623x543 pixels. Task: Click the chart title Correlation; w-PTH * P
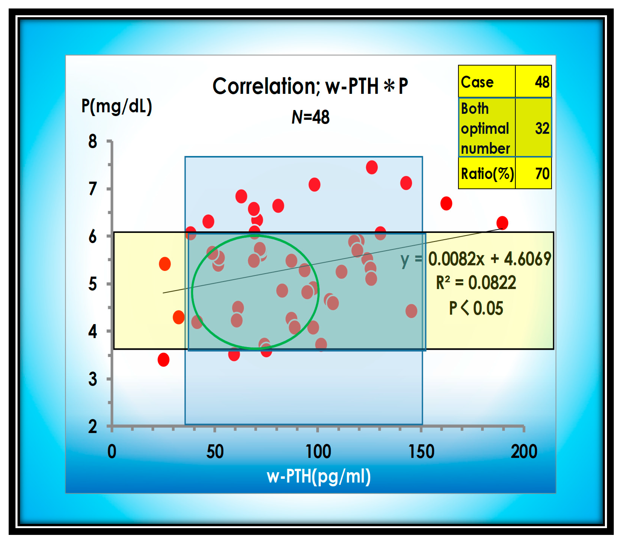point(310,86)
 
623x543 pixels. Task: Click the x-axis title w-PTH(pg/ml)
point(318,476)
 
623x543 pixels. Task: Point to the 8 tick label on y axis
point(93,141)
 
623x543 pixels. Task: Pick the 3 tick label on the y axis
point(93,379)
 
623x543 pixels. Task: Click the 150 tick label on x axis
point(421,451)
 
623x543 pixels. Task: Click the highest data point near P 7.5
point(372,167)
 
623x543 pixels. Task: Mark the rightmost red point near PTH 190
point(502,223)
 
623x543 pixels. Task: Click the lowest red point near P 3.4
point(163,360)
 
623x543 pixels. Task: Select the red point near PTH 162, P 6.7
point(446,203)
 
